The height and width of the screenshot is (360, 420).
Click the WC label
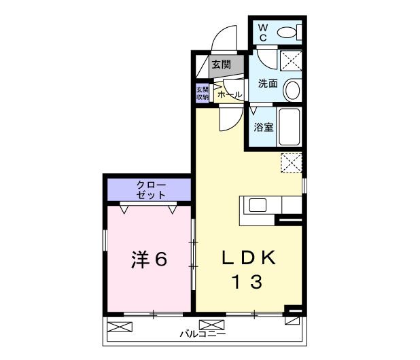(263, 32)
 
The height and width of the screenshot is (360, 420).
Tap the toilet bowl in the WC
(289, 31)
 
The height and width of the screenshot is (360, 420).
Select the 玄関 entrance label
(220, 65)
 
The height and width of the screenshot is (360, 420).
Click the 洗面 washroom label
(267, 84)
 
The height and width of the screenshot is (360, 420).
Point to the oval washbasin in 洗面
(292, 89)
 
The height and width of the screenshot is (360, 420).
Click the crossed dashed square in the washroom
(291, 61)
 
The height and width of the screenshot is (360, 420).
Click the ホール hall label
(230, 94)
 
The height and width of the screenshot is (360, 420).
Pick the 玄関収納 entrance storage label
(203, 93)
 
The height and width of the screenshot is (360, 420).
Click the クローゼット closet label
(150, 190)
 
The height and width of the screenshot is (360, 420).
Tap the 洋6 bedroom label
(149, 259)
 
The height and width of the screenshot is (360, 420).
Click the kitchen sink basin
(259, 205)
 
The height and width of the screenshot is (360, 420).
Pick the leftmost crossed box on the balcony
(117, 327)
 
